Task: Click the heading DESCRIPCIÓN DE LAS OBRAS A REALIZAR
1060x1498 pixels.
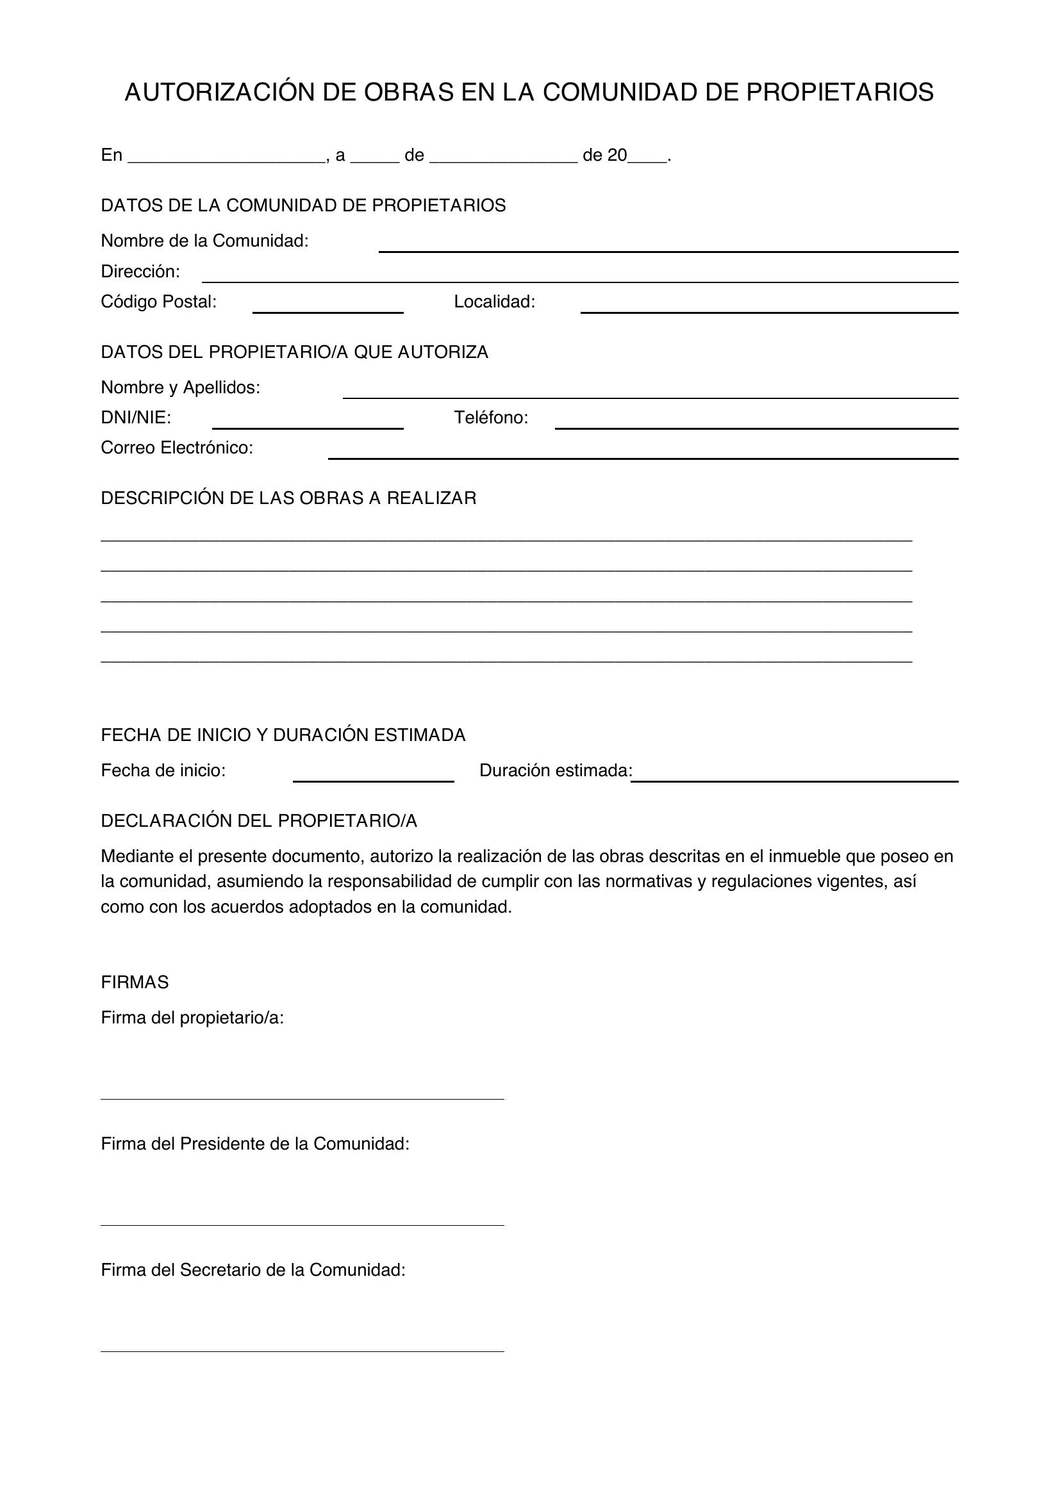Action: (x=288, y=498)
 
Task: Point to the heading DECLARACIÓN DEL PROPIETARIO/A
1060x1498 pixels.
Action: (x=258, y=821)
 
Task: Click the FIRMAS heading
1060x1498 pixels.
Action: (x=135, y=982)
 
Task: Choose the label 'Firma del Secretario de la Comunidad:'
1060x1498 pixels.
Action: (x=253, y=1270)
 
